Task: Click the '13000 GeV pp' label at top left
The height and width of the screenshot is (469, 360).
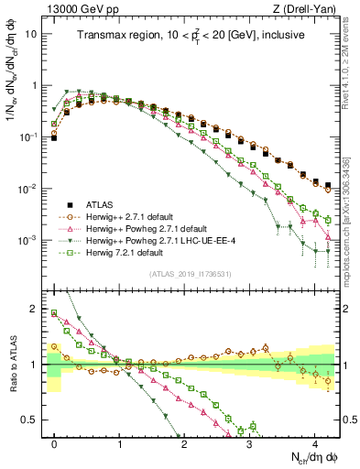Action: [x=79, y=9]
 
